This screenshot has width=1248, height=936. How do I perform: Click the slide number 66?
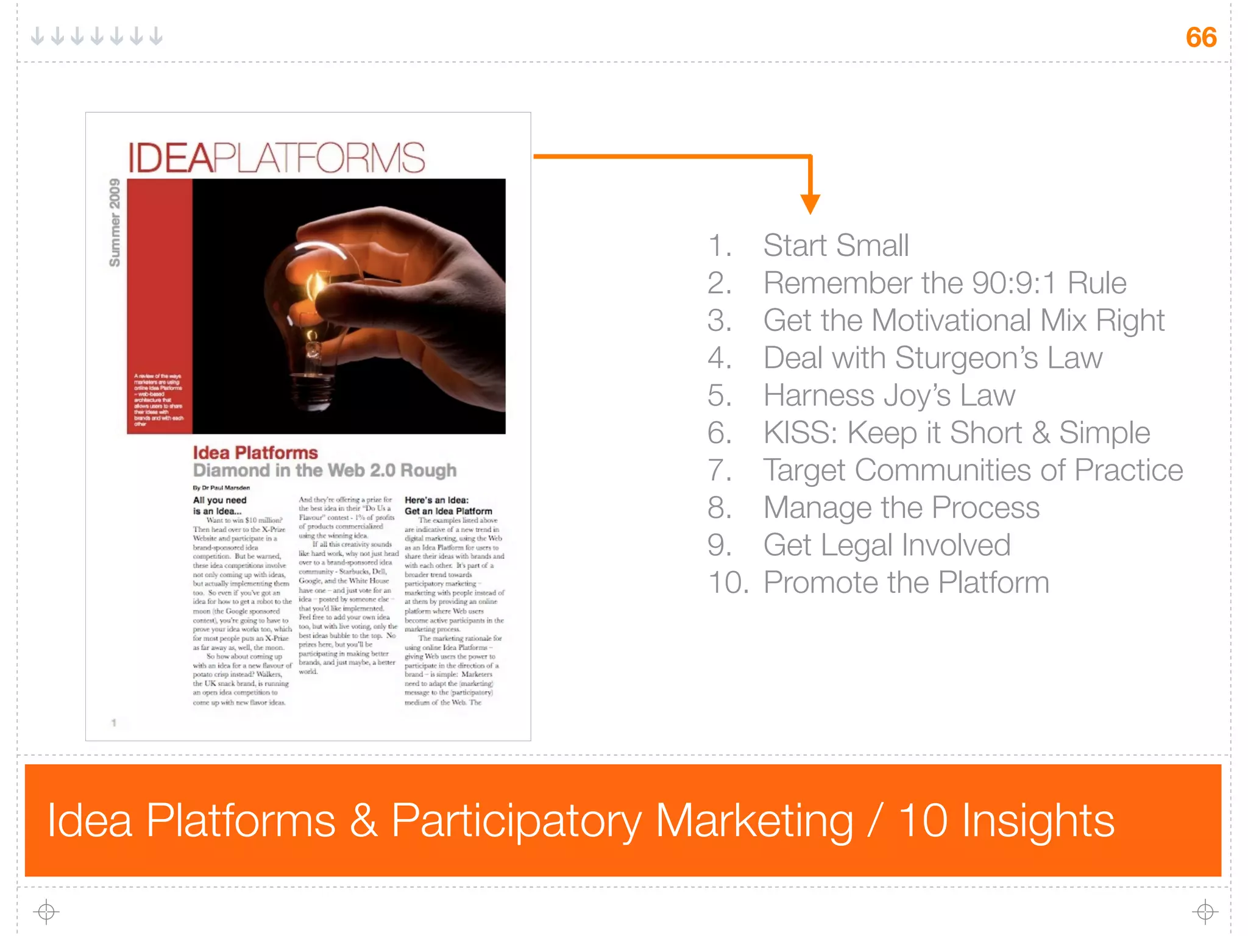(x=1200, y=37)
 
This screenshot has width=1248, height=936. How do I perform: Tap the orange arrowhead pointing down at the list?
(x=810, y=204)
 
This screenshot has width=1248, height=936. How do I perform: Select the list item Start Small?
(x=835, y=246)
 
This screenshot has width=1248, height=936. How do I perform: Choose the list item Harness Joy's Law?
(x=889, y=395)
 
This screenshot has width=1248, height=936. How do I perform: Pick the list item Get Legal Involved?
(x=887, y=545)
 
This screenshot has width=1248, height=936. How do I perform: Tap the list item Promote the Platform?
(x=906, y=583)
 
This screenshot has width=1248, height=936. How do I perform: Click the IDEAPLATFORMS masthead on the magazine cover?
(x=276, y=157)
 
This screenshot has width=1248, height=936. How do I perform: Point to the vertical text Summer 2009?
(x=115, y=222)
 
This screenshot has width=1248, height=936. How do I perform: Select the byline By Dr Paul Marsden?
(x=221, y=487)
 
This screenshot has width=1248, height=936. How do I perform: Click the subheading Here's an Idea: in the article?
(x=436, y=500)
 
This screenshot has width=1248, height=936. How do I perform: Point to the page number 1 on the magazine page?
(x=114, y=723)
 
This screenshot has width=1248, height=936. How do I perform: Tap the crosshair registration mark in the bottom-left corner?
(x=46, y=912)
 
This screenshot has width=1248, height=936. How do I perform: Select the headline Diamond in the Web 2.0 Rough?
(x=324, y=470)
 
